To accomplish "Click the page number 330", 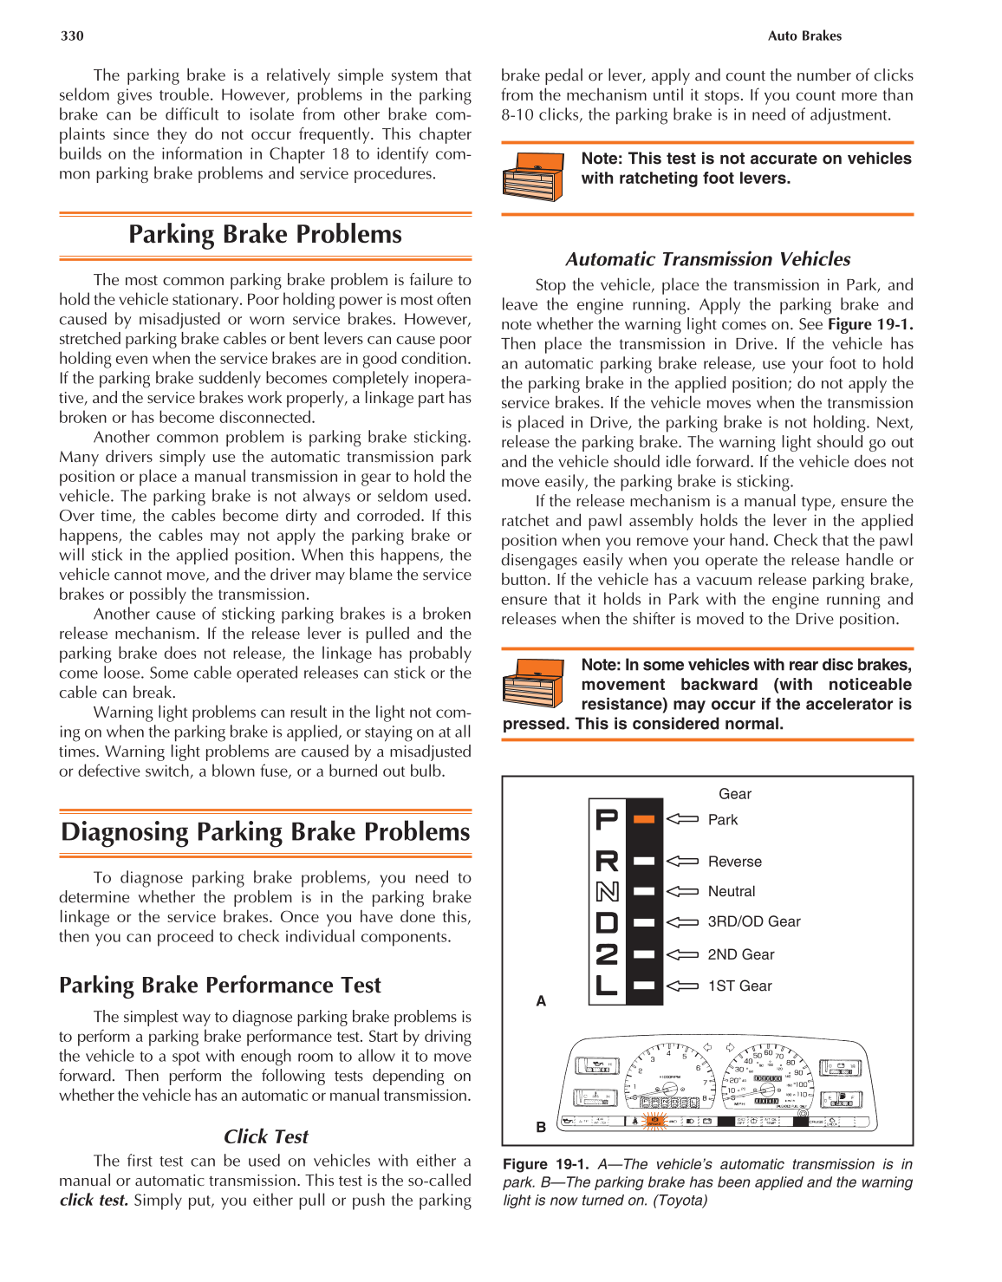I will (72, 36).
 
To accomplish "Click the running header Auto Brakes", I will (804, 36).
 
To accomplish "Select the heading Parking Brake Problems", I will (265, 234).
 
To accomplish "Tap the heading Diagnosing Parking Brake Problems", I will (265, 831).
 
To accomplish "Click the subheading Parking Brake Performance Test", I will (219, 985).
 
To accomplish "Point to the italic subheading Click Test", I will (265, 1136).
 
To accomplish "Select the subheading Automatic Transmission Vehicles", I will (707, 259).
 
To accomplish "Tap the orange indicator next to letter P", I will (643, 819).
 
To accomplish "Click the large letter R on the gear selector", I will (607, 862).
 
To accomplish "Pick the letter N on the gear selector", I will (607, 892).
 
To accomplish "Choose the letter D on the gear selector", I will (607, 923).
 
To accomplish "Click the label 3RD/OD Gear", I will (753, 921).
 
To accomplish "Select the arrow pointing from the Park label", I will (682, 819).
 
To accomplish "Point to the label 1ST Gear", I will (739, 986).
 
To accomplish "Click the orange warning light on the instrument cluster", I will (654, 1121).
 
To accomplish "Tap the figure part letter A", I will (541, 1001).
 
